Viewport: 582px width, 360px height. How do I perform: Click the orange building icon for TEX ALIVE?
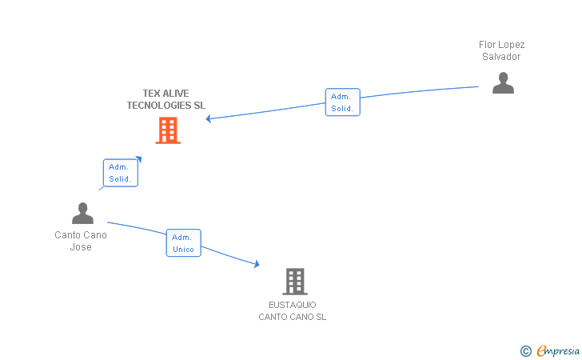pyautogui.click(x=168, y=130)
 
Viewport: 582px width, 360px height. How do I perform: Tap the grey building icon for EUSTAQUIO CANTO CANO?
pyautogui.click(x=295, y=282)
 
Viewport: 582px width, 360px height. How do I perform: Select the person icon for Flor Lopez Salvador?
pyautogui.click(x=503, y=83)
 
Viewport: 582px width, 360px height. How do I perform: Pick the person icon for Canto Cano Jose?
pyautogui.click(x=82, y=214)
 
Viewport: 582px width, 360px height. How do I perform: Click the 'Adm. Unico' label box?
pyautogui.click(x=183, y=243)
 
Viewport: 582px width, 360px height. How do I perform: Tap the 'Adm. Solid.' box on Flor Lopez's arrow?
pyautogui.click(x=343, y=102)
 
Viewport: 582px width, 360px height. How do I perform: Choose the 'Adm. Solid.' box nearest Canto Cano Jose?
pyautogui.click(x=121, y=173)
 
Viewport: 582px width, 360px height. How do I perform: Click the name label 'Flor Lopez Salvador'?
pyautogui.click(x=502, y=50)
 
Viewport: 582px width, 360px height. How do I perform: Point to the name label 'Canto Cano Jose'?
pyautogui.click(x=81, y=241)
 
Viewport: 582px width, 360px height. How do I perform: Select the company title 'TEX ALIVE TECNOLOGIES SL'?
pyautogui.click(x=166, y=99)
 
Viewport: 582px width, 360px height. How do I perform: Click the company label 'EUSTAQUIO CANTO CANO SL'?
pyautogui.click(x=293, y=311)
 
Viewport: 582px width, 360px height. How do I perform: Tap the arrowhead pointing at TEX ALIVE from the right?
pyautogui.click(x=209, y=119)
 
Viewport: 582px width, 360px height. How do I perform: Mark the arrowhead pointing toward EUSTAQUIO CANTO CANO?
pyautogui.click(x=257, y=265)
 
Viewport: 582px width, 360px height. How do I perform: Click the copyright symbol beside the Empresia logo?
pyautogui.click(x=525, y=350)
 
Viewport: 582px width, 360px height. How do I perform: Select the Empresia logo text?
pyautogui.click(x=559, y=350)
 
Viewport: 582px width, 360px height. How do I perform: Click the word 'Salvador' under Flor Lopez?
pyautogui.click(x=501, y=57)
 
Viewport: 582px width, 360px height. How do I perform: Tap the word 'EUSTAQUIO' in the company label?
pyautogui.click(x=293, y=305)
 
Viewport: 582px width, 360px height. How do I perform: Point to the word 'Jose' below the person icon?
pyautogui.click(x=81, y=247)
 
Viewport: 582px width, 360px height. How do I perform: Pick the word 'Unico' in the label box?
pyautogui.click(x=183, y=250)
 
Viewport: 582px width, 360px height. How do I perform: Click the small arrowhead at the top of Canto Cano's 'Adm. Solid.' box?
pyautogui.click(x=139, y=158)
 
